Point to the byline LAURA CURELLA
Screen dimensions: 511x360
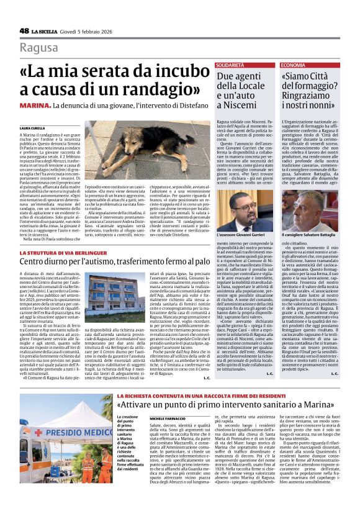pyautogui.click(x=32, y=127)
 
